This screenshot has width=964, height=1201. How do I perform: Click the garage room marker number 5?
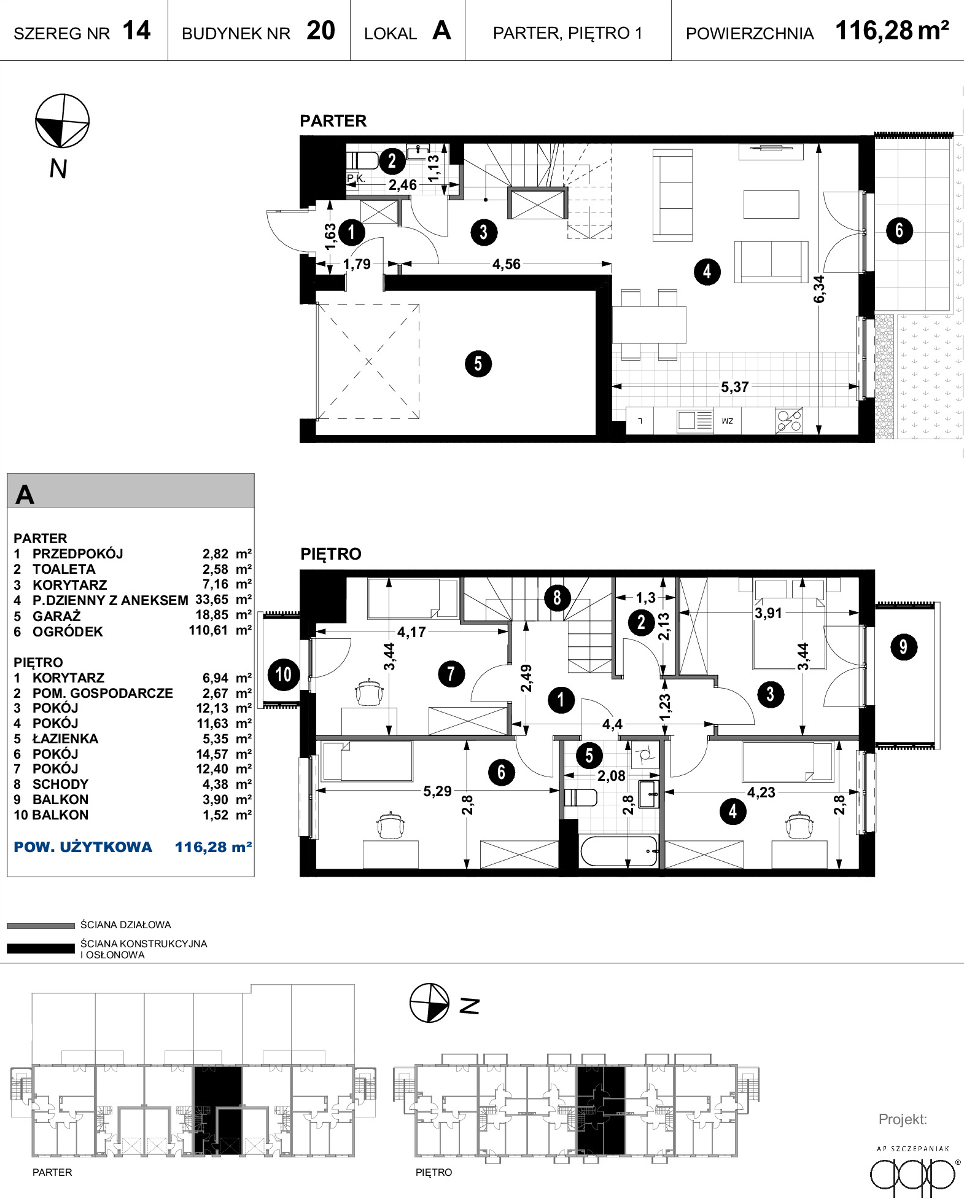[x=478, y=364]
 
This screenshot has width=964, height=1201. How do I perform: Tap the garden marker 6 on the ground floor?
[x=900, y=231]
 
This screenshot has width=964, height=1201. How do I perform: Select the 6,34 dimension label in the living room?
[x=819, y=289]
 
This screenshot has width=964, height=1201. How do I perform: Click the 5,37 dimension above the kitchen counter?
[x=734, y=387]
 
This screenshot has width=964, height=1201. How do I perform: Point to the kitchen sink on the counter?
[x=695, y=421]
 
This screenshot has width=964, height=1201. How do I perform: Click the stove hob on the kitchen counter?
[x=789, y=421]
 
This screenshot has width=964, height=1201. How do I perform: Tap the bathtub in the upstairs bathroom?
[x=620, y=851]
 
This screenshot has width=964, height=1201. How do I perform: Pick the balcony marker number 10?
[x=284, y=674]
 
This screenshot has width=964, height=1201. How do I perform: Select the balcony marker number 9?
[x=903, y=647]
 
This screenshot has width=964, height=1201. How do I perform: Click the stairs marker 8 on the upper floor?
[x=557, y=597]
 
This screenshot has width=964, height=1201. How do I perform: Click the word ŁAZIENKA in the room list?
[x=65, y=738]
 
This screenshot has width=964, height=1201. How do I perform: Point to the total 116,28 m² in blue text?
[x=214, y=847]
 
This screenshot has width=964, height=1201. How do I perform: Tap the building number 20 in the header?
[x=321, y=31]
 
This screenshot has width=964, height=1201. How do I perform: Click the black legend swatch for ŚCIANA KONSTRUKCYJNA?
[x=41, y=949]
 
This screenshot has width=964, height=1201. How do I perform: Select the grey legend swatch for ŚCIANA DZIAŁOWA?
[x=41, y=926]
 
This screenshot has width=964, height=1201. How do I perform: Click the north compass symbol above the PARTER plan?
[x=62, y=121]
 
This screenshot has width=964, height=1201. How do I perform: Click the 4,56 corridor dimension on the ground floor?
[x=506, y=264]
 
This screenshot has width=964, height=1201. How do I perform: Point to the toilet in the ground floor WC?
[x=363, y=161]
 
